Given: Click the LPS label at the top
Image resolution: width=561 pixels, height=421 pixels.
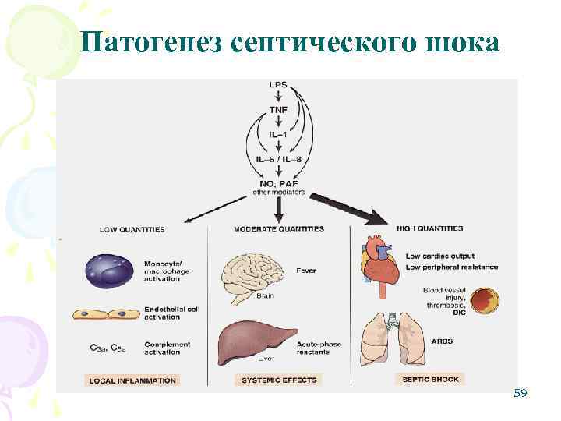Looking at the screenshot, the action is coord(277,84).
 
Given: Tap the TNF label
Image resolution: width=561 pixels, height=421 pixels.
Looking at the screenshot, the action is coord(278,110).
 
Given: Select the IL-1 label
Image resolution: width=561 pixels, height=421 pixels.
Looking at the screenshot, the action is coord(278,135).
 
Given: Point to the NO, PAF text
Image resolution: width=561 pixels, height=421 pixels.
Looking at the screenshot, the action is coord(278,184).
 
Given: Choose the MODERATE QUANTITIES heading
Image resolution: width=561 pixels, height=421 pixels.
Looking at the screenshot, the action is coord(279,229).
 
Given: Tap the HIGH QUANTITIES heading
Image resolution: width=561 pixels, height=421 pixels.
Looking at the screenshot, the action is coord(430,228).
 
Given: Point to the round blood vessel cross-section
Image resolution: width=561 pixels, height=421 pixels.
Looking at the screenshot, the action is coord(485,301).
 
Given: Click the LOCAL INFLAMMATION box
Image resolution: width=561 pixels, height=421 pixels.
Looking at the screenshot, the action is coord(131,380).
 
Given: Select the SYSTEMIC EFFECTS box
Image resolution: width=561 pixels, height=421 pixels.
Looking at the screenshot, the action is coord(278,380).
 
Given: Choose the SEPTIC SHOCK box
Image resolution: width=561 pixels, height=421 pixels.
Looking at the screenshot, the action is coord(430,379).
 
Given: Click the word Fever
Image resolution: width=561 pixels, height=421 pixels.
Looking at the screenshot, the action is coord(306,271).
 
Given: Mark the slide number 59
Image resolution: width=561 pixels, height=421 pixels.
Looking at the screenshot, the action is coord(520,394).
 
